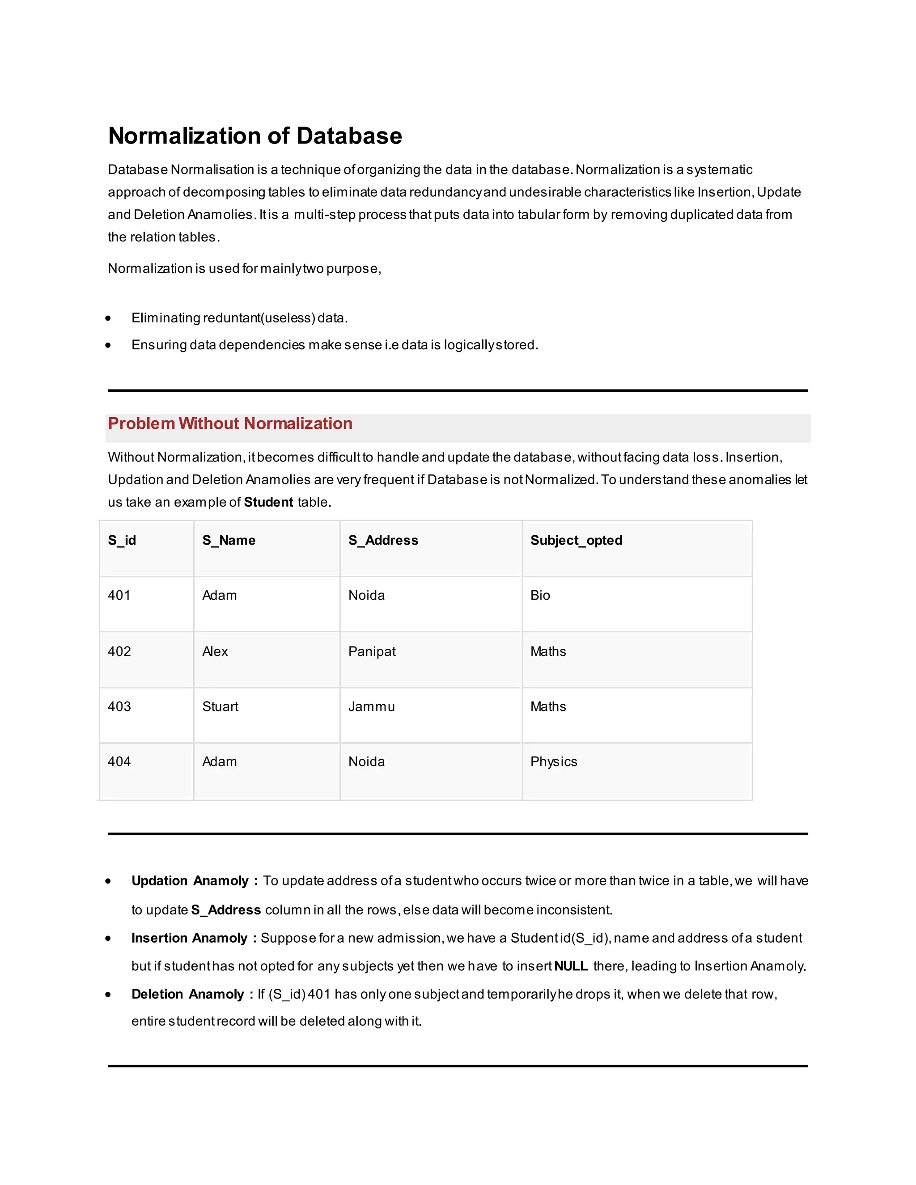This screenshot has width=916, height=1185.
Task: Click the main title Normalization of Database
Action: coord(255,135)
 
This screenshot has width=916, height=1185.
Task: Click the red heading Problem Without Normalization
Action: coord(230,423)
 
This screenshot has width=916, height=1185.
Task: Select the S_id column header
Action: coord(122,541)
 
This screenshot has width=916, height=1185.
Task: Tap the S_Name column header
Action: coord(229,541)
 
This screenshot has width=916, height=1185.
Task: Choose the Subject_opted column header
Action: coord(576,541)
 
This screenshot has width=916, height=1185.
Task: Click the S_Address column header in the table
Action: coord(383,541)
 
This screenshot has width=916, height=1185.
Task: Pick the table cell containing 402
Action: coord(119,651)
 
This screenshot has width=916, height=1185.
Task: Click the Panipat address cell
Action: coord(372,651)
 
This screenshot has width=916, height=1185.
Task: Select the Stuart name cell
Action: coord(221,707)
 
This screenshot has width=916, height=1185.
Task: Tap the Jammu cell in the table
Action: coord(371,707)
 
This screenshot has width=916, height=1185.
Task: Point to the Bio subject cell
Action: coord(540,595)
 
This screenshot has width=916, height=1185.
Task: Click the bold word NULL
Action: coord(571,966)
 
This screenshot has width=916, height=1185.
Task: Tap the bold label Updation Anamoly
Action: coord(190,880)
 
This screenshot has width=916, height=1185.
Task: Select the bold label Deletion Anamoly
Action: coord(188,994)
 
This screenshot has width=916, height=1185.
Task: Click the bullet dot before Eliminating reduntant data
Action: coord(109,318)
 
